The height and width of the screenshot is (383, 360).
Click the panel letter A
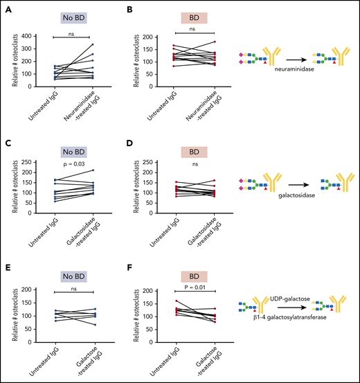click(x=6, y=8)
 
